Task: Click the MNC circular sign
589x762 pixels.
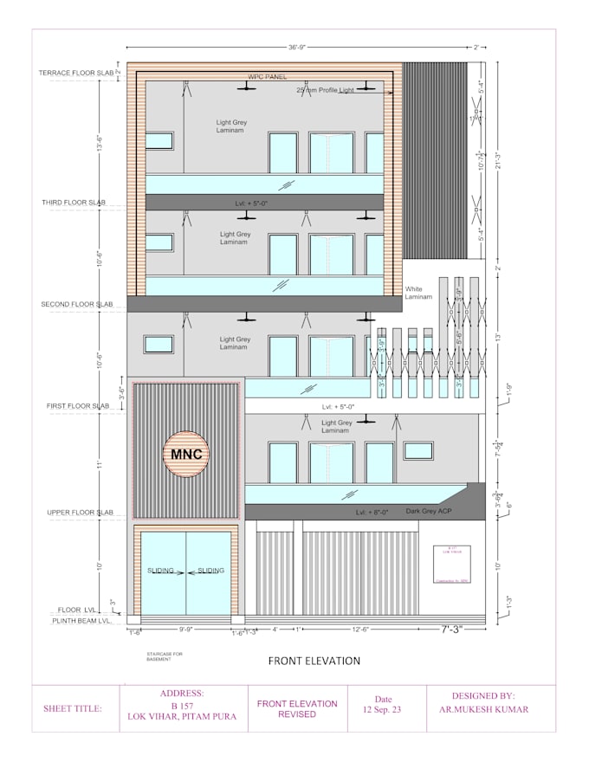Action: pos(187,454)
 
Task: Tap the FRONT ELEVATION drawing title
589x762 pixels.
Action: pos(314,661)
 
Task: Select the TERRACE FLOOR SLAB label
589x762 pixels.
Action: pos(76,73)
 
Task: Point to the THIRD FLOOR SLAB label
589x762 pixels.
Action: pos(74,203)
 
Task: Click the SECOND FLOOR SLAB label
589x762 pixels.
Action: pos(77,305)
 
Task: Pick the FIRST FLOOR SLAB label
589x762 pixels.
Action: pos(78,405)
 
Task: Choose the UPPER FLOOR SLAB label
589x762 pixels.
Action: pos(81,513)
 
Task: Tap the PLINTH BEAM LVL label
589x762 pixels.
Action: pos(81,621)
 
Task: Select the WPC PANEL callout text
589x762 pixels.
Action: pos(267,77)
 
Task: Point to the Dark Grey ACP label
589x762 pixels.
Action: pos(429,512)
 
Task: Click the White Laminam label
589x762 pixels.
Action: pos(414,293)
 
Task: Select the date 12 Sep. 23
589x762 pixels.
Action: pos(383,709)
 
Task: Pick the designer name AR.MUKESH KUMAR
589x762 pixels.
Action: pos(483,709)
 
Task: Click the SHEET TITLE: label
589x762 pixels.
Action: pos(73,708)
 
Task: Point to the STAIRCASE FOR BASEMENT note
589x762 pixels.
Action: pos(165,655)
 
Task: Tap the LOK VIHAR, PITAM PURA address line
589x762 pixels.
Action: pos(183,716)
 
